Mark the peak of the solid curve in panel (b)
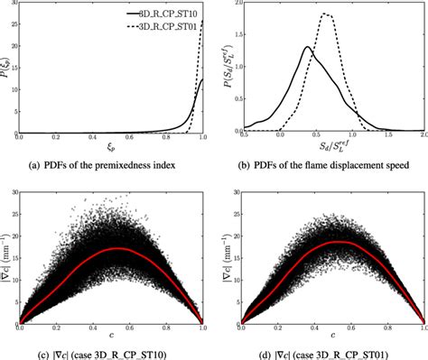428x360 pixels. pos(307,47)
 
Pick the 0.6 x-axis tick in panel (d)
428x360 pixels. pos(342,328)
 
